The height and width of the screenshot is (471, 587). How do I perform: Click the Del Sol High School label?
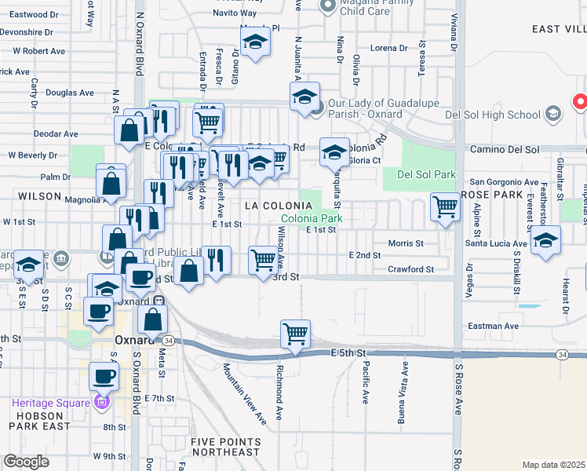click(491, 115)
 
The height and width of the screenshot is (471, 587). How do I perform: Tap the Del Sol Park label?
click(427, 174)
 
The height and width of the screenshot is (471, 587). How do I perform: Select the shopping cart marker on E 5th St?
click(295, 334)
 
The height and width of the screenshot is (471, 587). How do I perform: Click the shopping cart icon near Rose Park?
click(445, 208)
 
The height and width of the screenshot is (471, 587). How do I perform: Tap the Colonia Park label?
click(312, 218)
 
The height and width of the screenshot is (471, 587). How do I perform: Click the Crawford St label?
click(411, 269)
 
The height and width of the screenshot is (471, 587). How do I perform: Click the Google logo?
click(26, 462)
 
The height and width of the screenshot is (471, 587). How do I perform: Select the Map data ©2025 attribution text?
click(553, 465)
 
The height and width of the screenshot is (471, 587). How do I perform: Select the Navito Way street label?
click(235, 13)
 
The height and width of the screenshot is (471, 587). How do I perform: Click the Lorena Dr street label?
click(390, 48)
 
